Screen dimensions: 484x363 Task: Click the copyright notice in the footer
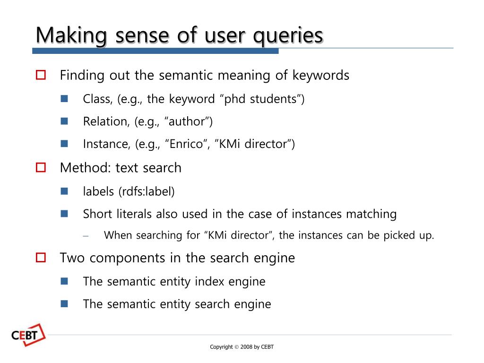[x=242, y=347]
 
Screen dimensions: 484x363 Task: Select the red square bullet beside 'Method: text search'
[x=41, y=167]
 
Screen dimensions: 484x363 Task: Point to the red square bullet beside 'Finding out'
[x=41, y=75]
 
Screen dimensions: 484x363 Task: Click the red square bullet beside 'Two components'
[x=41, y=258]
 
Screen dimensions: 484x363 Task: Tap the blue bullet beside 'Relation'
[x=65, y=121]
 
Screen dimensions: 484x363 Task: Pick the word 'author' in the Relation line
[x=187, y=121]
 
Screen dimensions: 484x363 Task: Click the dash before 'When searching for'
[x=86, y=236]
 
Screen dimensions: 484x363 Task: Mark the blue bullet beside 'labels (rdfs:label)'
[x=65, y=191]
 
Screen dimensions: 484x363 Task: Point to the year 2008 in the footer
[x=246, y=347]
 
